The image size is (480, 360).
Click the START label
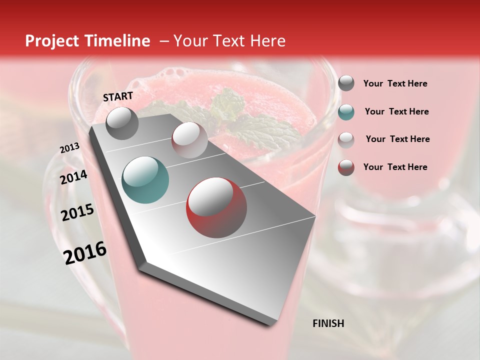click(118, 96)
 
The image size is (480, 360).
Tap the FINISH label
click(328, 323)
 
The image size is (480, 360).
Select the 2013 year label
click(69, 148)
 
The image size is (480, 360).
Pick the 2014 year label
click(74, 177)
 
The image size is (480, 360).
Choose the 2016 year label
click(85, 252)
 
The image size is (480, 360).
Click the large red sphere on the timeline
click(216, 207)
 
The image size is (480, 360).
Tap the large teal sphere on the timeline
click(145, 180)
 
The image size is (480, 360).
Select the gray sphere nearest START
click(122, 123)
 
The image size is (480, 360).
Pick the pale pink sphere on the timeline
click(189, 140)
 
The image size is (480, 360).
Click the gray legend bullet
click(346, 83)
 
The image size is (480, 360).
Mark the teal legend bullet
click(346, 111)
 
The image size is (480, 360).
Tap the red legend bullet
click(346, 167)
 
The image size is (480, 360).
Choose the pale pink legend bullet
click(346, 139)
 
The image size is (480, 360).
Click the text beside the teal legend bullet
click(396, 111)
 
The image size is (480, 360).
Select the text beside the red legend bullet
click(395, 167)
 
